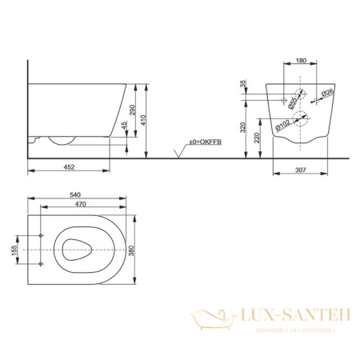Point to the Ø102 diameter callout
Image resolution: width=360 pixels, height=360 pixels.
click(x=284, y=124)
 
